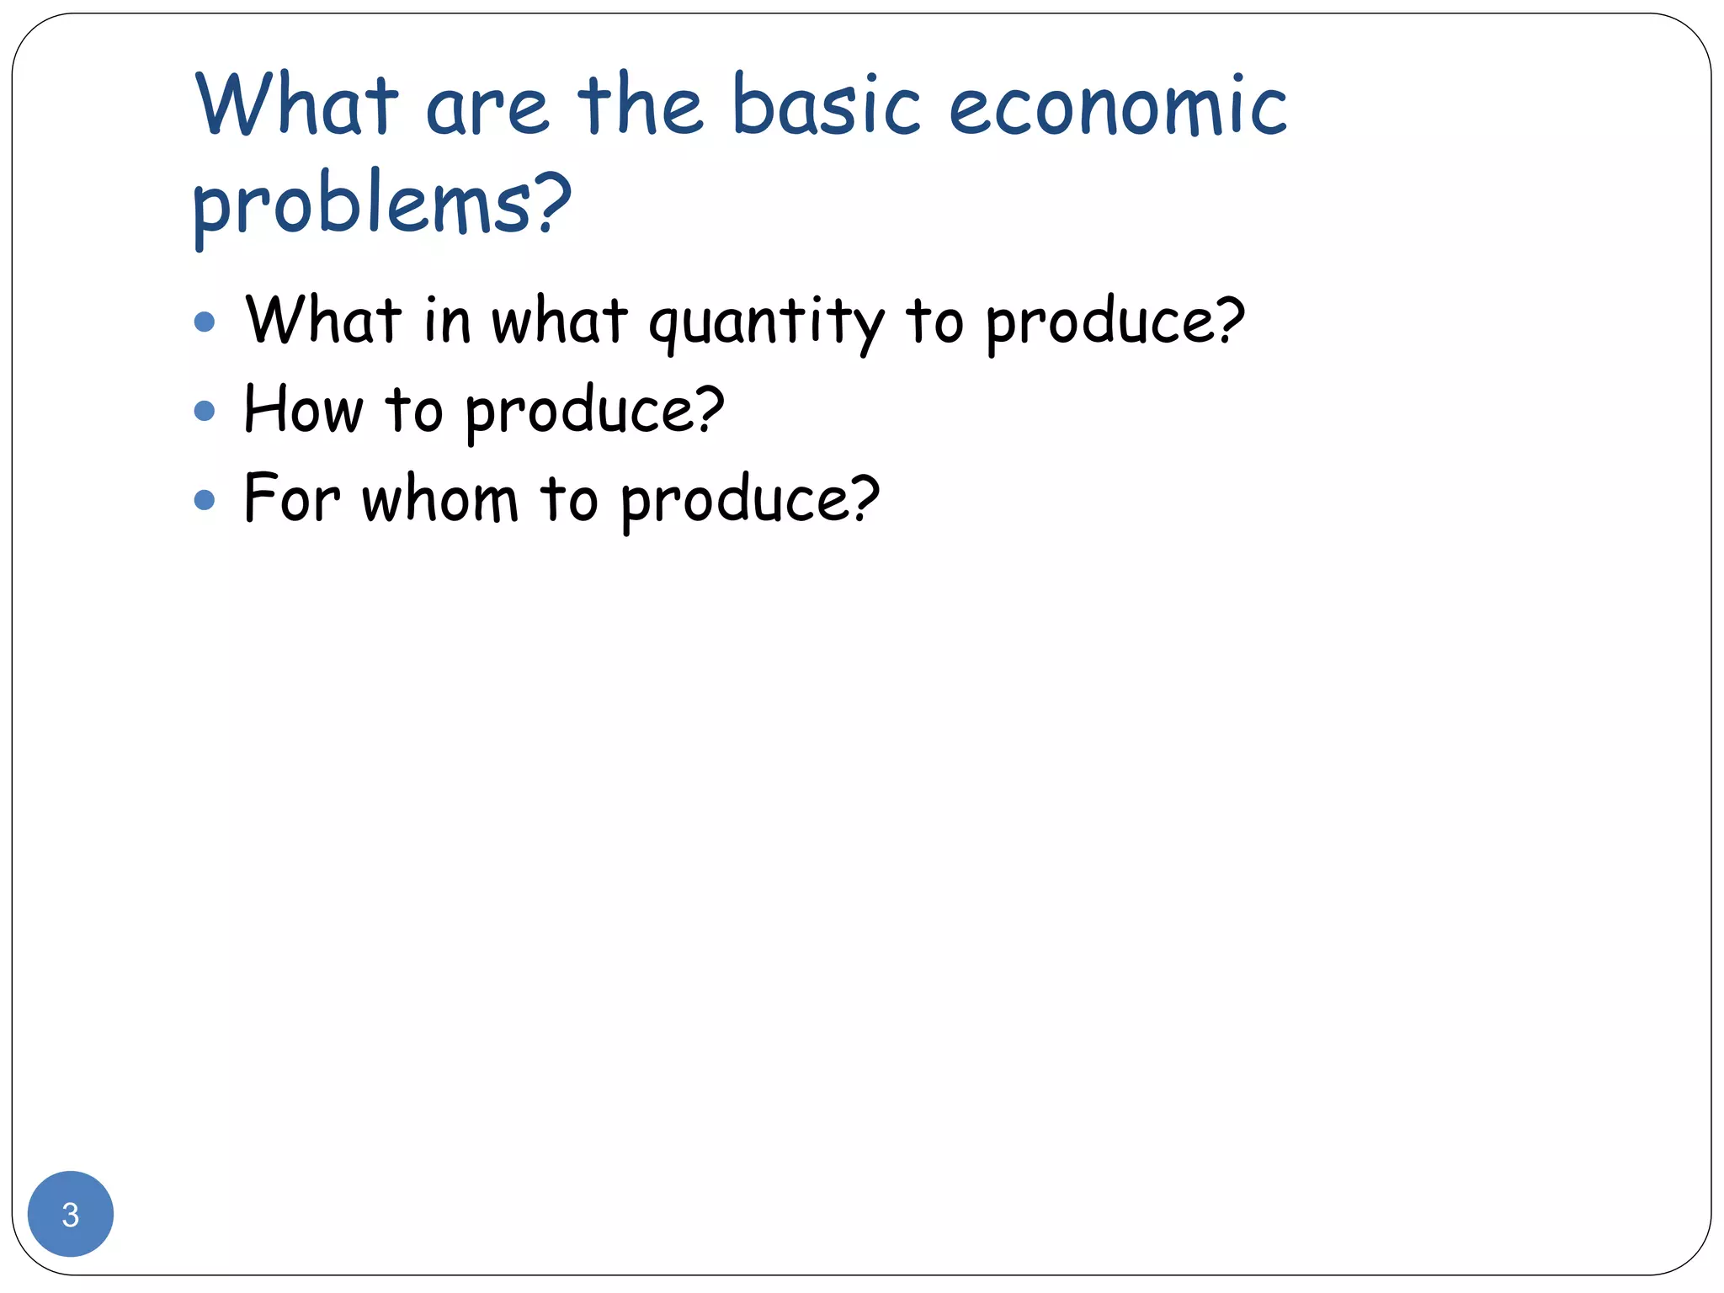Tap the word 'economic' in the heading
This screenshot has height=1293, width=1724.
[x=1118, y=105]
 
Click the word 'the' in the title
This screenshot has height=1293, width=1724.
[x=639, y=105]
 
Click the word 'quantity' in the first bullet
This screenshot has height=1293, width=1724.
[x=766, y=323]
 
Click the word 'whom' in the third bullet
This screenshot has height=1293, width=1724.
[x=440, y=499]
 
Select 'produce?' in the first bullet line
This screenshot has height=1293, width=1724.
[x=1115, y=323]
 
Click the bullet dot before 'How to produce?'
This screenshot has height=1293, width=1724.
[x=205, y=411]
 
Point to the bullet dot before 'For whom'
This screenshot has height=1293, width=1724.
[x=205, y=500]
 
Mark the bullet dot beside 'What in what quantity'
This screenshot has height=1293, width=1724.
[x=205, y=322]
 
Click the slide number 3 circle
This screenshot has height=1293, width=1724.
[x=71, y=1214]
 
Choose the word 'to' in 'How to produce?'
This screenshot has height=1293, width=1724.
[x=413, y=410]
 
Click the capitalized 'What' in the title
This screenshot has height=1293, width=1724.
[x=296, y=105]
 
